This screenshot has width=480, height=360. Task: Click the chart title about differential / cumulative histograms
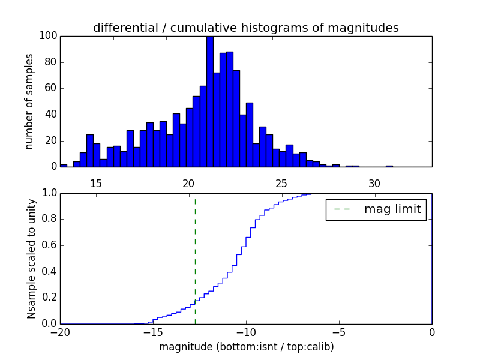click(x=245, y=28)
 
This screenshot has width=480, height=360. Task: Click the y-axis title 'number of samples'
click(x=29, y=101)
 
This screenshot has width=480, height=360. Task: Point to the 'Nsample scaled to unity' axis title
click(x=31, y=258)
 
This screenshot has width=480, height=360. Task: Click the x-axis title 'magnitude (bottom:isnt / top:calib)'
click(x=246, y=347)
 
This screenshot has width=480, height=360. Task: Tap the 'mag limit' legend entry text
click(x=392, y=209)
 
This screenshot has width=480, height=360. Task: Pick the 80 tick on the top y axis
click(x=50, y=62)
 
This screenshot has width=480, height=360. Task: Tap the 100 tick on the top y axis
click(x=48, y=36)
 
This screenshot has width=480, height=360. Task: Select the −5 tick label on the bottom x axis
click(x=338, y=332)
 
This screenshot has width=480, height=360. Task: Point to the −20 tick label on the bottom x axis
click(x=60, y=332)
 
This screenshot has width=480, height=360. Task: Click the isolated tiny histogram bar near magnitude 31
click(x=389, y=166)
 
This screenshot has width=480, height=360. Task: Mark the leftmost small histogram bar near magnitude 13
click(x=64, y=166)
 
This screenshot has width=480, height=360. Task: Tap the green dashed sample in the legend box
click(x=342, y=209)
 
